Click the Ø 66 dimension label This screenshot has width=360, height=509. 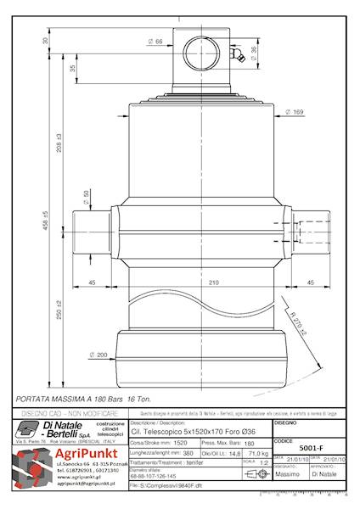[157, 41]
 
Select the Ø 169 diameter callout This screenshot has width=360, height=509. [295, 112]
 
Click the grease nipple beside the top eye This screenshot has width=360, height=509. [240, 58]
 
